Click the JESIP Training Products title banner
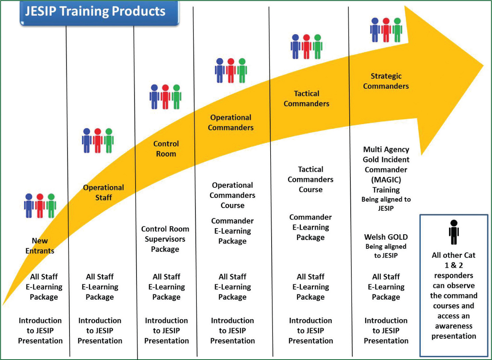[100, 13]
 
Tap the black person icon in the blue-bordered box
[454, 232]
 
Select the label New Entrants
[40, 246]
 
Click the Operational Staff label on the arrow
[103, 192]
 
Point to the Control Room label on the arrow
[166, 149]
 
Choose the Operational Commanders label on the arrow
[231, 123]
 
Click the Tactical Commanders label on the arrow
[306, 99]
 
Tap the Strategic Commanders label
[386, 81]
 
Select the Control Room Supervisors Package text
[165, 239]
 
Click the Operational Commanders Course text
[232, 195]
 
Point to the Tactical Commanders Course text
[310, 179]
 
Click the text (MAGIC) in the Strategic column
[386, 180]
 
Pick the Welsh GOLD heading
[386, 237]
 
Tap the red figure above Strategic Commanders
[386, 30]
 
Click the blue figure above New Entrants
[29, 206]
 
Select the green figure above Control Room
[176, 97]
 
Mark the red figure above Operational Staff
[98, 140]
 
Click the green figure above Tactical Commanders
[317, 47]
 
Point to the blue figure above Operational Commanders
[220, 71]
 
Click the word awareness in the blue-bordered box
[454, 326]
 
